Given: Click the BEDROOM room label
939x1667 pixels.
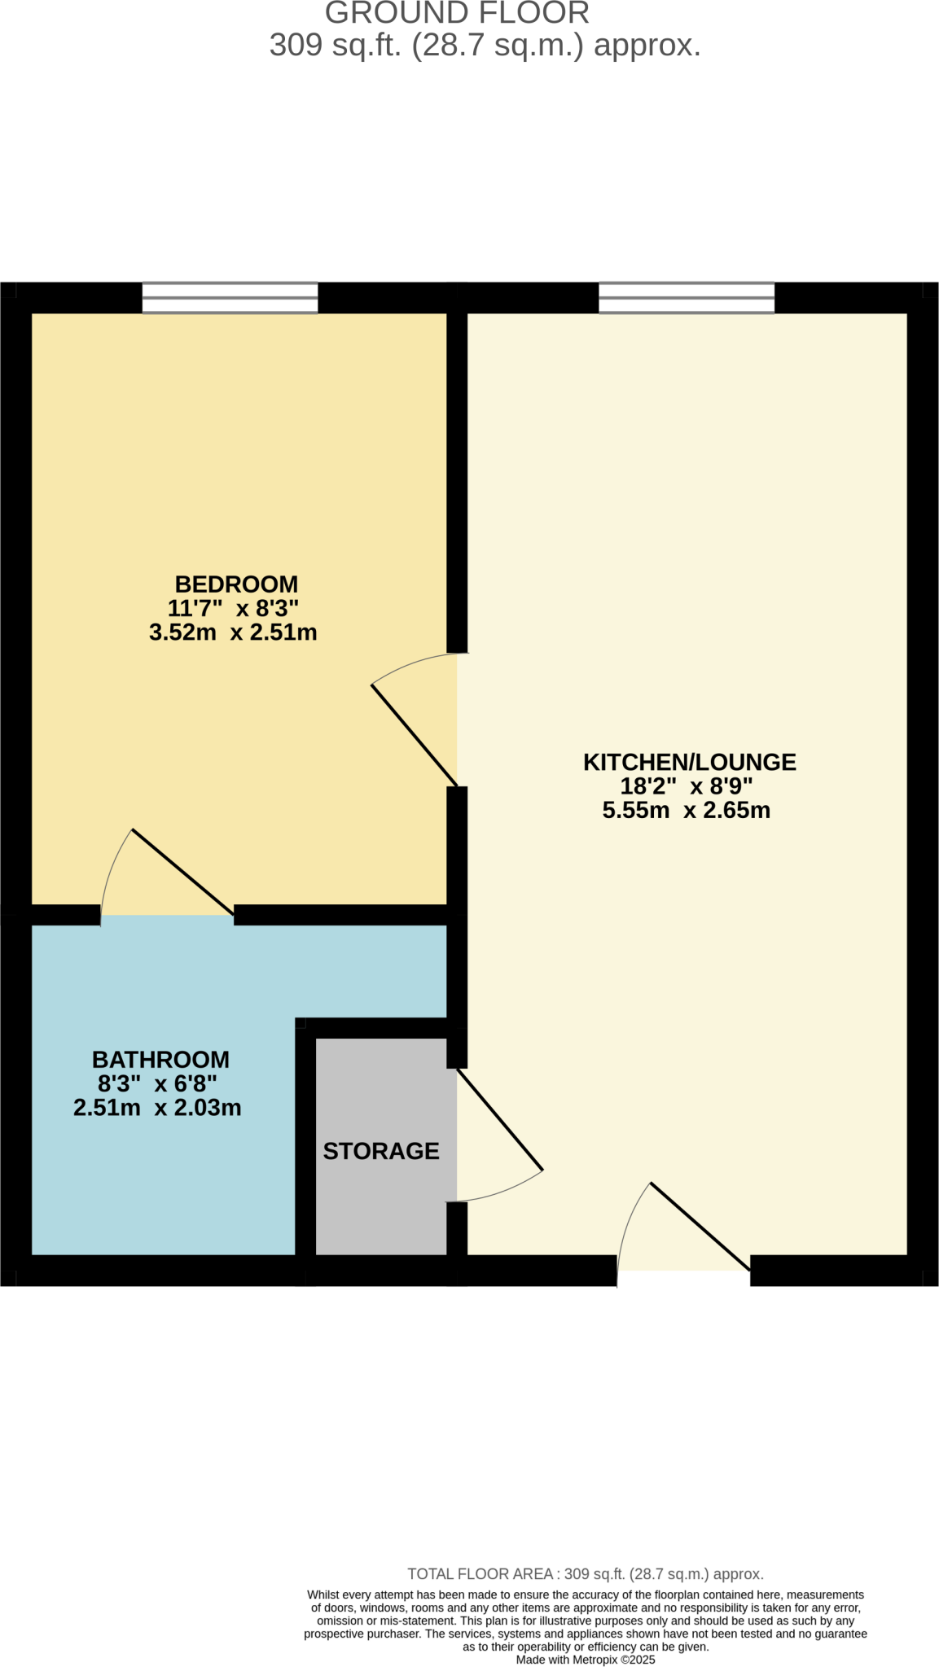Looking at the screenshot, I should click(236, 584).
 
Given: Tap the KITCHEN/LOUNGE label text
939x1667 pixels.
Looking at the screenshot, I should click(689, 762).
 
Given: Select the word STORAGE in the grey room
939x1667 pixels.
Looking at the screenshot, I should click(381, 1150).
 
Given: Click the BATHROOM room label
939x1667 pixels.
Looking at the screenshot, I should click(160, 1059).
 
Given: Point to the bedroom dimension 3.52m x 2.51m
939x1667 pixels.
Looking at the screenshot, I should click(233, 632).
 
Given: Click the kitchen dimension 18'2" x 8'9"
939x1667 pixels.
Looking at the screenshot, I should click(686, 786).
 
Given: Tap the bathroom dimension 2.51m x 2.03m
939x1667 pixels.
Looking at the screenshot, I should click(157, 1107).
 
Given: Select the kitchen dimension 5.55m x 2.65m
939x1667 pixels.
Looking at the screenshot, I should click(686, 810).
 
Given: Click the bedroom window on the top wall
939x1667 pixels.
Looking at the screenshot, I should click(230, 298).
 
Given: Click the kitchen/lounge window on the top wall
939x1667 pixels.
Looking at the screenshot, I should click(687, 298).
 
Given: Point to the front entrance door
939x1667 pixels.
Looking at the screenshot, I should click(700, 1226).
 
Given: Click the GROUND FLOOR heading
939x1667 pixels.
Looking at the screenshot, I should click(457, 14).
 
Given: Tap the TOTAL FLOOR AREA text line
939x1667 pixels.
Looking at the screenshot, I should click(585, 1573).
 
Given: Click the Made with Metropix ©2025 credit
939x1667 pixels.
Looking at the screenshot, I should click(585, 1659).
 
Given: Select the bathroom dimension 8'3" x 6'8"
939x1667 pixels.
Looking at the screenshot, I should click(157, 1083).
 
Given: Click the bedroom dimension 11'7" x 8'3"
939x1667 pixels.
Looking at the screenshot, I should click(233, 608).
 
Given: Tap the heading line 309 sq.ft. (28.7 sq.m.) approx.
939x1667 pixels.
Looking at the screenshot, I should click(485, 46).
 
